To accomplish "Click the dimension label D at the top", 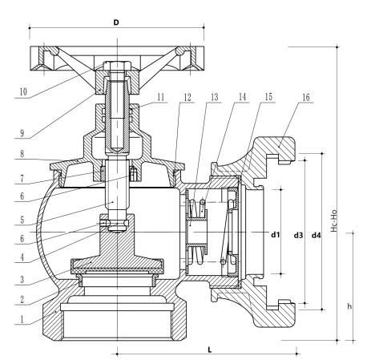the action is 116,22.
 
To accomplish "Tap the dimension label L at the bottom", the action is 210,350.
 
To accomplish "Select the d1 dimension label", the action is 276,235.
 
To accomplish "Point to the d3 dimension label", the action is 298,235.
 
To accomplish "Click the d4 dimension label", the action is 316,235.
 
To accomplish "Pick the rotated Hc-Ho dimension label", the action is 333,219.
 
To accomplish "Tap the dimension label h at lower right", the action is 349,306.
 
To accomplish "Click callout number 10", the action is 23,91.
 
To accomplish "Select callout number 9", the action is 22,133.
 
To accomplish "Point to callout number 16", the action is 306,97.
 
